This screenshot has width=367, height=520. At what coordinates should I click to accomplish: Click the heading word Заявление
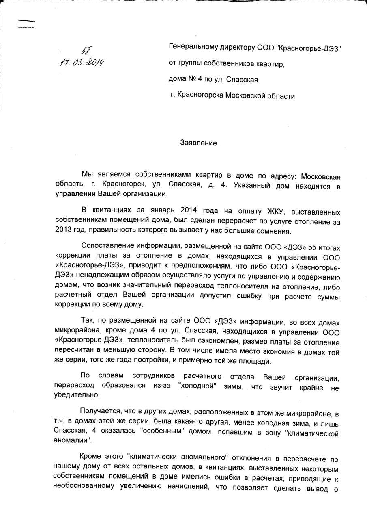click(x=198, y=143)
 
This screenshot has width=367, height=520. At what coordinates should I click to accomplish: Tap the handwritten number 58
click(x=86, y=50)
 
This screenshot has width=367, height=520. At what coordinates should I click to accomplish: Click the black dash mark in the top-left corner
click(x=27, y=21)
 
